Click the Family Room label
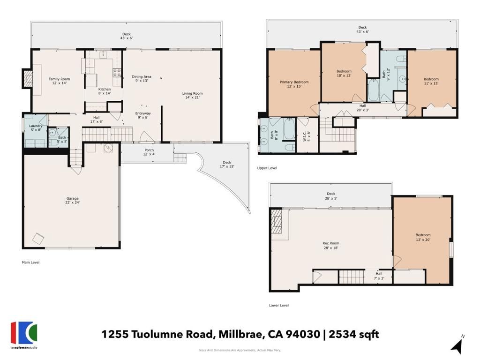(x=59, y=81)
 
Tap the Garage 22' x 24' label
(x=72, y=200)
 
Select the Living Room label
(x=192, y=96)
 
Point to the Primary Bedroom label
(x=294, y=84)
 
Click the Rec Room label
(x=330, y=245)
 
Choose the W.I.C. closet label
(x=307, y=136)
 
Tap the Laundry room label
(x=36, y=127)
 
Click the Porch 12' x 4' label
(x=149, y=152)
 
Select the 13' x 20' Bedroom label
(x=422, y=237)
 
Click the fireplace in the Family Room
(x=28, y=78)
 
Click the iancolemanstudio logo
(x=24, y=335)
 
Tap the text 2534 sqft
(x=354, y=334)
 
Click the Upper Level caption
(x=267, y=167)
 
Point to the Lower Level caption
(x=278, y=305)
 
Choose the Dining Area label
(x=141, y=78)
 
